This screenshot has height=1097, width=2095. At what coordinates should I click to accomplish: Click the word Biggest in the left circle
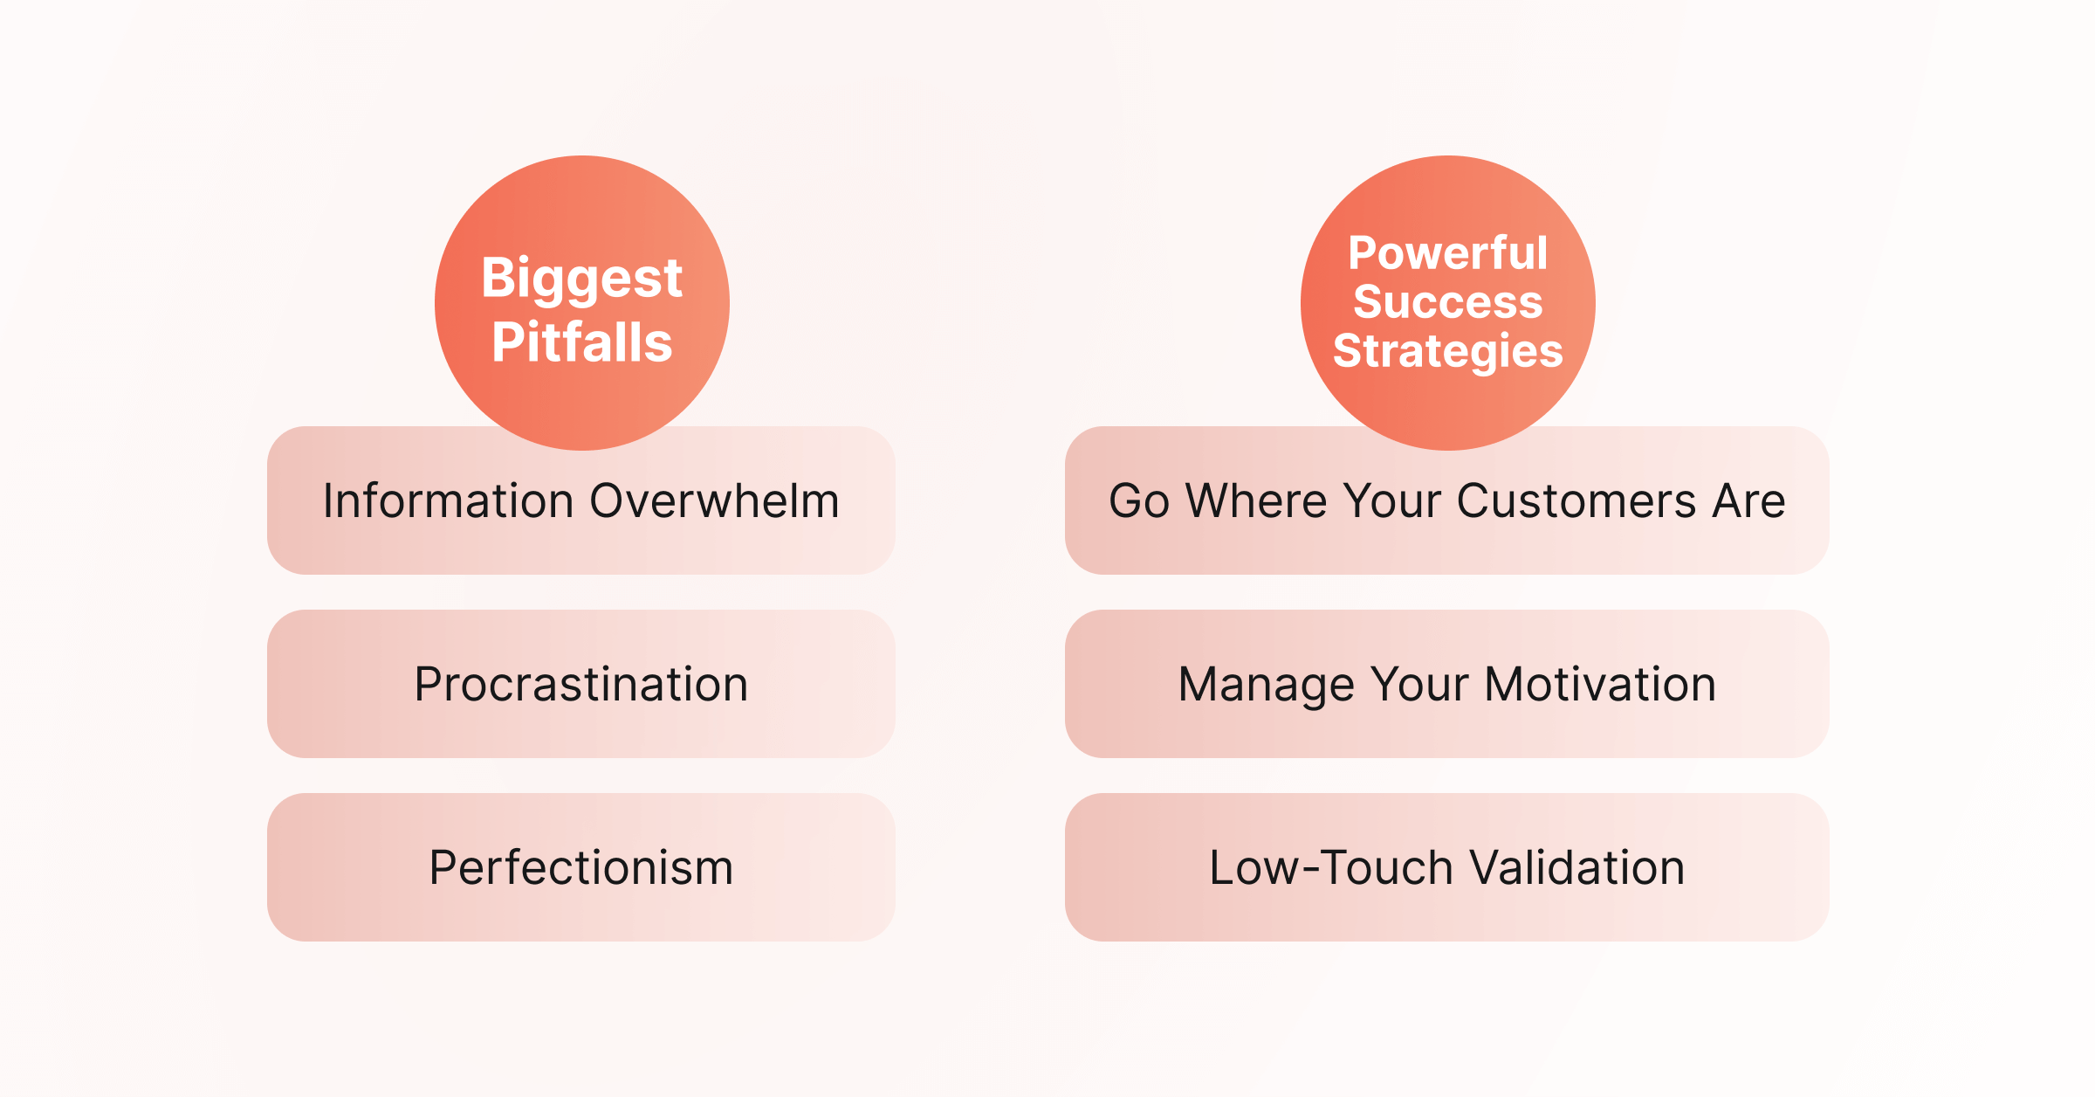581,279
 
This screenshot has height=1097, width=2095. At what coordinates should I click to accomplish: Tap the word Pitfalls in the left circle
582,342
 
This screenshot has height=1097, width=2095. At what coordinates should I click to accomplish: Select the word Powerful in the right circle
1447,253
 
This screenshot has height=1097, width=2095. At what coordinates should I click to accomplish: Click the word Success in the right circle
1448,301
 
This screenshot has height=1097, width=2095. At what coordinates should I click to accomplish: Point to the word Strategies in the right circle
1448,352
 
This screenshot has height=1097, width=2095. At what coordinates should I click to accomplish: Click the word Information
448,500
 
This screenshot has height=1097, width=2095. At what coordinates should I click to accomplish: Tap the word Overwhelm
715,500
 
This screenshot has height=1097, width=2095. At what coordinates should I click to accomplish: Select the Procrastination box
581,684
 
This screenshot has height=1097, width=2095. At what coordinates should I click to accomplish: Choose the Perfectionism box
581,867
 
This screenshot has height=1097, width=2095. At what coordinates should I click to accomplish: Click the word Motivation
1601,684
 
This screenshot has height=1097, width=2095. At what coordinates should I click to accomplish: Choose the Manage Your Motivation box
1447,684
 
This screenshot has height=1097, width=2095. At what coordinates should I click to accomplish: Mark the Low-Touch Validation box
1447,867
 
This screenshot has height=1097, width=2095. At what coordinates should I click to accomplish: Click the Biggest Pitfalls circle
582,303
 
